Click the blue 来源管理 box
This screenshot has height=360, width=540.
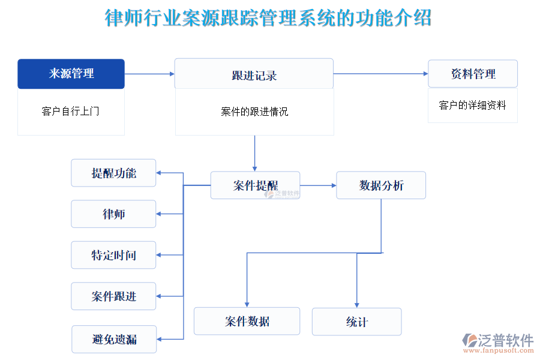71,74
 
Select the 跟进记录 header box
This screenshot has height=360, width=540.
254,74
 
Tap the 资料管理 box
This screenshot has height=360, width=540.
473,74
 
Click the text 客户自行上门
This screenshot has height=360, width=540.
71,112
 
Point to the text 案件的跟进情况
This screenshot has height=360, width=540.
254,112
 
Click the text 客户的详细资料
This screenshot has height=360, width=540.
473,106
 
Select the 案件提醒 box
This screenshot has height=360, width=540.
255,185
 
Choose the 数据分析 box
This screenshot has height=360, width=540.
381,185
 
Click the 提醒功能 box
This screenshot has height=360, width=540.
113,173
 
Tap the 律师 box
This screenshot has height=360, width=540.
113,214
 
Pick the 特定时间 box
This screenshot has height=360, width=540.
113,255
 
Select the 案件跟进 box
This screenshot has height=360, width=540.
113,296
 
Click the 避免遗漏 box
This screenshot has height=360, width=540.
114,340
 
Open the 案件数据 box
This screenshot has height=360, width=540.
247,321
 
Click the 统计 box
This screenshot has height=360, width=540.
356,322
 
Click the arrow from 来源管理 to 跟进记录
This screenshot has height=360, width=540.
149,74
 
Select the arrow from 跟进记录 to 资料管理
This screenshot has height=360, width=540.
380,74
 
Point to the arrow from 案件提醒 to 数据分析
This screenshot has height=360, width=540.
318,185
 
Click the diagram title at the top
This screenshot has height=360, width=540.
268,18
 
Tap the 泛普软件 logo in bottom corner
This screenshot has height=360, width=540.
498,343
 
